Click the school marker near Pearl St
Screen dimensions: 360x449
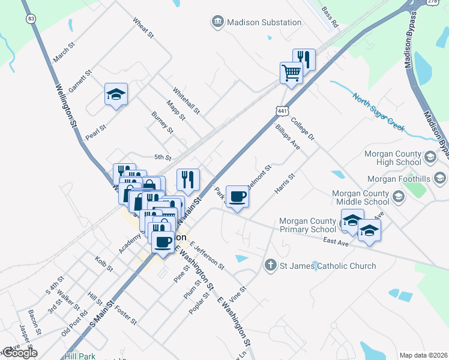pyautogui.click(x=116, y=95)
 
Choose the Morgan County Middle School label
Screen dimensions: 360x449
pyautogui.click(x=359, y=197)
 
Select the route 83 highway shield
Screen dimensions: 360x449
pyautogui.click(x=30, y=19)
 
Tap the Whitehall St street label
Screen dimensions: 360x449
pyautogui.click(x=186, y=100)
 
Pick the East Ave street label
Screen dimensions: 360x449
pyautogui.click(x=336, y=241)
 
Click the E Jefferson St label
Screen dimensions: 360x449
pyautogui.click(x=207, y=254)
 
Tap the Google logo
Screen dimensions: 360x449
pyautogui.click(x=19, y=353)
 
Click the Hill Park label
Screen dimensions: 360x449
pyautogui.click(x=80, y=356)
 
